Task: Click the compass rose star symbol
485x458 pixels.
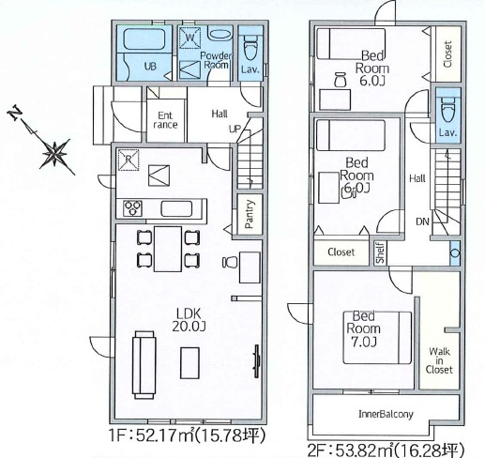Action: point(55,153)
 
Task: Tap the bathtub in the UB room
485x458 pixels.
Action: point(144,39)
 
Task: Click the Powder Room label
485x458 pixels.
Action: point(216,60)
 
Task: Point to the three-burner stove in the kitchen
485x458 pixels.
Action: point(132,208)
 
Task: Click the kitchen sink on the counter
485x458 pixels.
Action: point(176,208)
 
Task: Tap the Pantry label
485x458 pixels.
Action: point(250,214)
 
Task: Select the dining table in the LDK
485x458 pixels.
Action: point(168,249)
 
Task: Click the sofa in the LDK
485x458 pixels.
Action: point(144,365)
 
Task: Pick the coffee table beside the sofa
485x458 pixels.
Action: point(189,363)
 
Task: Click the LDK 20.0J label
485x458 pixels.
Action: point(189,320)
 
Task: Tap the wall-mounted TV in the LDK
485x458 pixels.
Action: point(257,360)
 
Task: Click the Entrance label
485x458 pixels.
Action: point(165,120)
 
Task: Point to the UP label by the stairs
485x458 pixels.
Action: point(235,129)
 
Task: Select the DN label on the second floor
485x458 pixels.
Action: point(422,221)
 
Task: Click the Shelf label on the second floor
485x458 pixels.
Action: point(380,252)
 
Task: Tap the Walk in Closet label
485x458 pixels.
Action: point(439,360)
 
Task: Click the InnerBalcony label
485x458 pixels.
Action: point(386,414)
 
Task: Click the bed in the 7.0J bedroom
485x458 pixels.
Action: point(377,338)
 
